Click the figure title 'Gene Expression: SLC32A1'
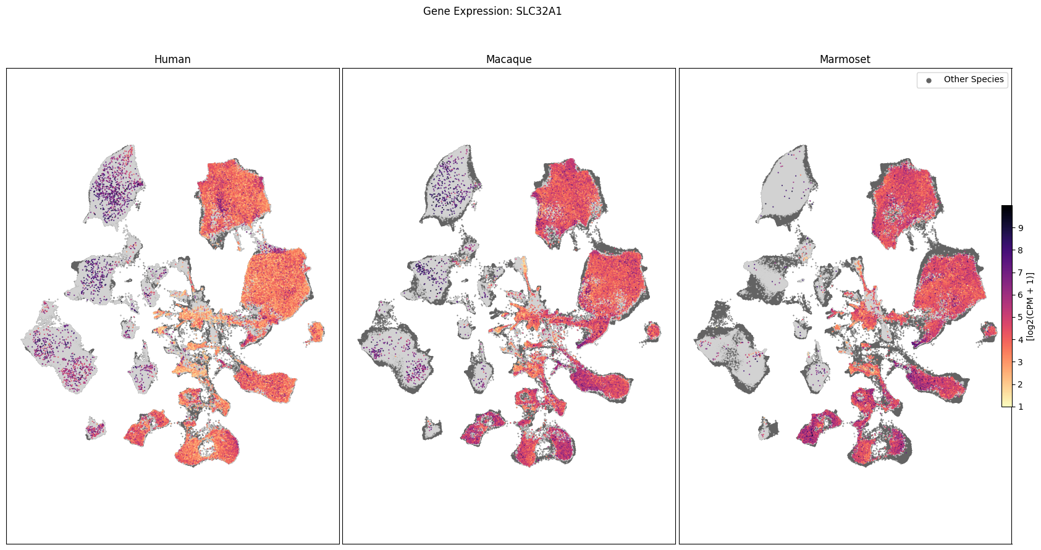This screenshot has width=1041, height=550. point(492,11)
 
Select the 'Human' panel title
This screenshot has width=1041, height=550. point(172,59)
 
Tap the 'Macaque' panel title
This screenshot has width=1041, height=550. point(508,59)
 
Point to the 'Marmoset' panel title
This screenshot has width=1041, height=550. point(845,59)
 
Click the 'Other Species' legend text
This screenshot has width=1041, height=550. point(973,79)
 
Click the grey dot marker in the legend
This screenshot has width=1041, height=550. point(929,80)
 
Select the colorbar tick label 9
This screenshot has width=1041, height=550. point(1021,228)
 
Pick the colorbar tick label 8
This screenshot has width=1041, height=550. point(1021,250)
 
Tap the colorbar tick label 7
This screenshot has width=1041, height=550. point(1021,273)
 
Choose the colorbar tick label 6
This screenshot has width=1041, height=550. point(1021,295)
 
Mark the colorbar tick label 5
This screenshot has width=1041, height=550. point(1021,317)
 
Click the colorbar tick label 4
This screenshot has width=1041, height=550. point(1021,339)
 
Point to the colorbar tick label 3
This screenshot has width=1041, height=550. point(1021,362)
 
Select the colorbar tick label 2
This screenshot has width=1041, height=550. point(1021,384)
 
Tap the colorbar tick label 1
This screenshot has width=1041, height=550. point(1021,407)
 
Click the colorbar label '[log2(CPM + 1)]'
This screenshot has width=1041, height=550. point(1030,306)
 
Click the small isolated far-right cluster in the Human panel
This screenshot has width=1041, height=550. point(316,332)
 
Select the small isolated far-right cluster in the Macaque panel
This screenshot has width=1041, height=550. point(652,332)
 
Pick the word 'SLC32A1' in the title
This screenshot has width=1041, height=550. point(539,11)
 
